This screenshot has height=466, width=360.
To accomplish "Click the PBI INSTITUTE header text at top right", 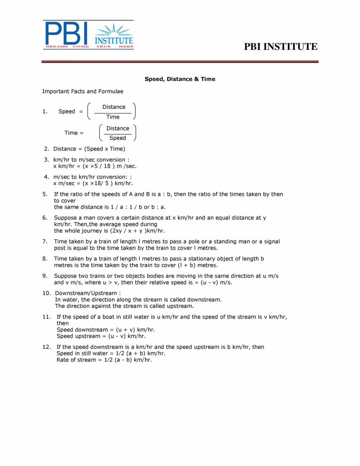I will [x=281, y=47].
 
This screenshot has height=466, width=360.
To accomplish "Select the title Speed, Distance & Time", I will [x=180, y=79].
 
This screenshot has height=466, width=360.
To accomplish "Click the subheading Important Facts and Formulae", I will [x=83, y=91].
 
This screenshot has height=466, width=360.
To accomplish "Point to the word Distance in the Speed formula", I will [x=114, y=107].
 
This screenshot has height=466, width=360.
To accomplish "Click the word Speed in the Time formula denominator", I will [x=118, y=138].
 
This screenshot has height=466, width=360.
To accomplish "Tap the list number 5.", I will [x=45, y=194].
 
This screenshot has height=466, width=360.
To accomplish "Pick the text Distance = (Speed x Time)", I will [x=89, y=149].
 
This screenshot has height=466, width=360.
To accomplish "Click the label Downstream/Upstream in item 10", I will [x=84, y=293].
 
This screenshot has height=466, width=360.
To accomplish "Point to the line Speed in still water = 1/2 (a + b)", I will [x=111, y=353].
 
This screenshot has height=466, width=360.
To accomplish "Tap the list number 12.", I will [x=46, y=347].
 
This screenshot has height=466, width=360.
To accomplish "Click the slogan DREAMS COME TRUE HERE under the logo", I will [x=88, y=47].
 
